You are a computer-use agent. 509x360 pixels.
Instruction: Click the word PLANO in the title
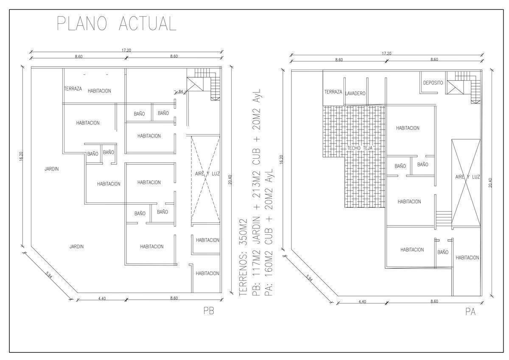click(x=82, y=23)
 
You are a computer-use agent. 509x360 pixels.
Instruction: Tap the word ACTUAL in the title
click(x=148, y=23)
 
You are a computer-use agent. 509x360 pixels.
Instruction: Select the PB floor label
click(x=209, y=311)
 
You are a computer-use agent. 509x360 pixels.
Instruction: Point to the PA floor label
click(x=470, y=312)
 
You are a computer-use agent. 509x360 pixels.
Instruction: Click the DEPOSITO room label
click(x=433, y=83)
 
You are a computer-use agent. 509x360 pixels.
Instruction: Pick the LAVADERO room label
click(x=355, y=93)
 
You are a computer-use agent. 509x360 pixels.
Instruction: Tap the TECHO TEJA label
click(x=360, y=148)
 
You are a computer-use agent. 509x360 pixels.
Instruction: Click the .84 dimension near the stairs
click(x=180, y=91)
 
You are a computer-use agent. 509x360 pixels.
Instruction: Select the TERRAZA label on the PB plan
click(x=73, y=89)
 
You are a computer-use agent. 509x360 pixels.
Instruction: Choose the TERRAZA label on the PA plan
click(x=333, y=92)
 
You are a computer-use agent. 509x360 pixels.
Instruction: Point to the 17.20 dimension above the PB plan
click(x=126, y=50)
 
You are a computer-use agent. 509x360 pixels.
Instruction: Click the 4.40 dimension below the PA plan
click(x=362, y=301)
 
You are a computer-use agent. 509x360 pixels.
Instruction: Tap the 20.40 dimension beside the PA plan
click(x=490, y=183)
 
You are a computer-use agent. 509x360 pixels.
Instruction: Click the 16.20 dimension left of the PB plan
click(x=21, y=157)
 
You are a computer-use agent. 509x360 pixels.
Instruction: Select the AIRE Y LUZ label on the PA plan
click(x=467, y=177)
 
